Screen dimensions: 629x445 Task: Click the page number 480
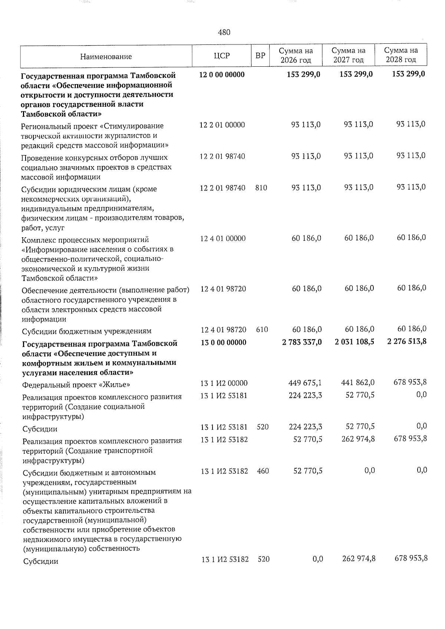(x=224, y=33)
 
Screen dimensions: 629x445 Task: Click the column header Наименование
(x=106, y=57)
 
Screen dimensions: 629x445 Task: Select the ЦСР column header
(x=222, y=56)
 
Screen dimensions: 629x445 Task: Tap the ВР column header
(x=261, y=56)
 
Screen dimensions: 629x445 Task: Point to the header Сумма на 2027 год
(x=348, y=55)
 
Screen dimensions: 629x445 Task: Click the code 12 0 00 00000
(x=222, y=75)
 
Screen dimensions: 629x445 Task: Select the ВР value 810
(x=261, y=188)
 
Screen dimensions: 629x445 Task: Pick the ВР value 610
(x=262, y=329)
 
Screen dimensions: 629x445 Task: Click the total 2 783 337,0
(x=302, y=341)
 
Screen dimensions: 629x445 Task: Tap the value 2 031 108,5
(x=354, y=341)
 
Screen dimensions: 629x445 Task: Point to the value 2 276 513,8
(x=406, y=341)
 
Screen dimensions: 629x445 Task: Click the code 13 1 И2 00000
(x=224, y=383)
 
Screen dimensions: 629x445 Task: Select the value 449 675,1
(x=305, y=383)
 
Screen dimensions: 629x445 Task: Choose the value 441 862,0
(x=357, y=383)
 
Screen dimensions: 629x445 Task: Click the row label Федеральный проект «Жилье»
(x=76, y=384)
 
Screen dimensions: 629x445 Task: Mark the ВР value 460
(x=263, y=471)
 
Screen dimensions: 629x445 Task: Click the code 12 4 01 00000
(x=222, y=238)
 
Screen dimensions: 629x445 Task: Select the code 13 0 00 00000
(x=223, y=342)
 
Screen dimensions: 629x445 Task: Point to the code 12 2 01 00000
(x=222, y=125)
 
